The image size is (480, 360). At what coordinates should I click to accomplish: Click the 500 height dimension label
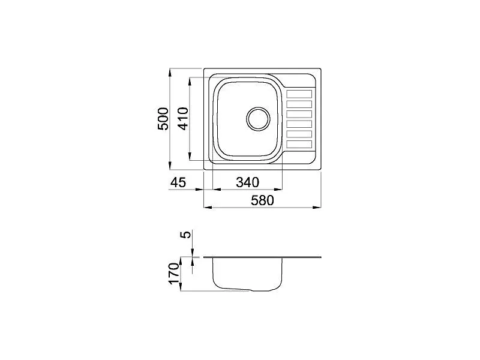pos(163,119)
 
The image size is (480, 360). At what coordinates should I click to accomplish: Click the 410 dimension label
pos(183,119)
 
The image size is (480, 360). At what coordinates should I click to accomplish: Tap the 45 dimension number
pos(178,182)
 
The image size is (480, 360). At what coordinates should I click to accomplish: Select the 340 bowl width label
pos(247,182)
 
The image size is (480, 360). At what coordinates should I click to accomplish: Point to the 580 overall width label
pos(262,200)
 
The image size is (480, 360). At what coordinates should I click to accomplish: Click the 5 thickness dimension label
pos(186,235)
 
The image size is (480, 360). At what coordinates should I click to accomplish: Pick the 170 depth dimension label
pos(174,274)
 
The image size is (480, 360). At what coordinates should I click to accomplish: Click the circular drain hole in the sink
pos(259,119)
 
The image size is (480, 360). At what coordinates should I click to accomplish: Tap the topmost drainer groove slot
pos(299,94)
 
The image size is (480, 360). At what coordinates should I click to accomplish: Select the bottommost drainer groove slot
pos(299,144)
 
